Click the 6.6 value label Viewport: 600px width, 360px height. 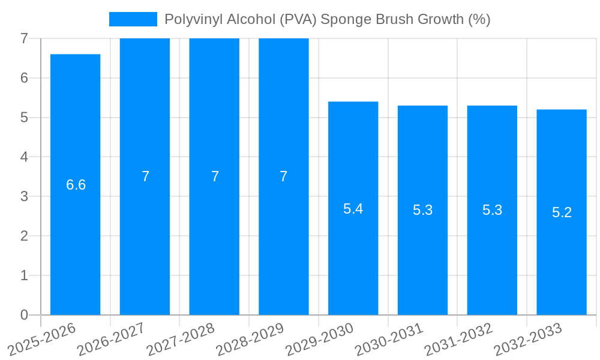(76, 185)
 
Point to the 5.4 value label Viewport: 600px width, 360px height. (353, 209)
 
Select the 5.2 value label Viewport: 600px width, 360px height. (562, 212)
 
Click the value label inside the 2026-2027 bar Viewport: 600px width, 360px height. (145, 176)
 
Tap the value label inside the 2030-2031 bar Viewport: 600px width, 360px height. (422, 210)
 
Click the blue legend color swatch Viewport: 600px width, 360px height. (133, 19)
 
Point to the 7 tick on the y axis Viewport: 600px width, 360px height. (24, 38)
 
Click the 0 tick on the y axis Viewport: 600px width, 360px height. (24, 315)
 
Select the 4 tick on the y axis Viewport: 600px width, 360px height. (24, 157)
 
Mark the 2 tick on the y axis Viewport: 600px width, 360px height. (24, 236)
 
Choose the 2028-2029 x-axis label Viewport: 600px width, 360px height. (251, 340)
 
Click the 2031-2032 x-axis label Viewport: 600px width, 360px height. (459, 340)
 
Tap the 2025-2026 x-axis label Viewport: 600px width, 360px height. (43, 340)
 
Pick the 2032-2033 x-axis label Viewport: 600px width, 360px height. (529, 340)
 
